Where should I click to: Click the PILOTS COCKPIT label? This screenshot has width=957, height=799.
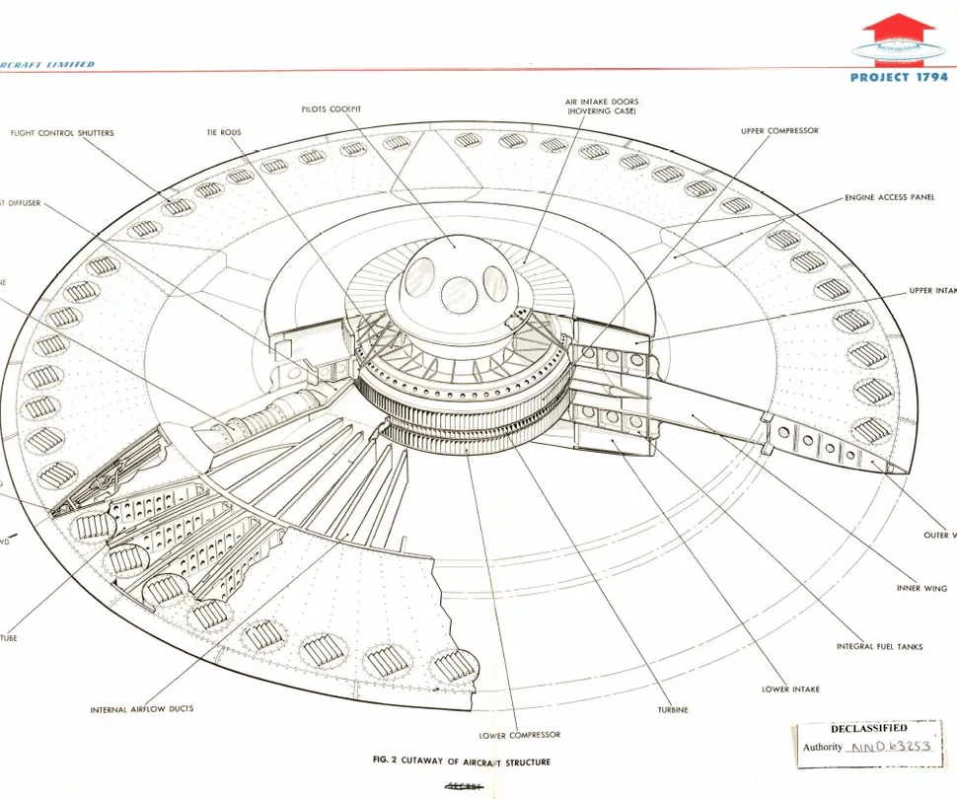point(331,109)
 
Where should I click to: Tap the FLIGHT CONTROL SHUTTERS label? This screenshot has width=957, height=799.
point(62,133)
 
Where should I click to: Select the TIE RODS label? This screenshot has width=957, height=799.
point(224,132)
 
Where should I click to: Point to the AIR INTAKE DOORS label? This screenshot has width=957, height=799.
point(602,107)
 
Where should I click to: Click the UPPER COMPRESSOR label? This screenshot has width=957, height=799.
point(779,130)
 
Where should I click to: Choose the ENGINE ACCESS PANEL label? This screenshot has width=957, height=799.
point(889,197)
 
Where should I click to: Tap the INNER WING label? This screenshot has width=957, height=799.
point(920,588)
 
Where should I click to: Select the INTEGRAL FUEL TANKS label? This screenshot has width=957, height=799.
point(880,647)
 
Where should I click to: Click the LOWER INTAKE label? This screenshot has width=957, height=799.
point(790,690)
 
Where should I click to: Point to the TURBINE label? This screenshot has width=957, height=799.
point(673,709)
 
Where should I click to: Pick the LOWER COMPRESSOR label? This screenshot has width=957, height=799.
point(520,735)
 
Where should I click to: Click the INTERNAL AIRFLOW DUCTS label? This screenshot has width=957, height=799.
point(142,709)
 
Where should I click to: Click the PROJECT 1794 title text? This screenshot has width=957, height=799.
point(899,77)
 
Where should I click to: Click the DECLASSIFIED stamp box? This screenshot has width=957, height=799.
point(868,738)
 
